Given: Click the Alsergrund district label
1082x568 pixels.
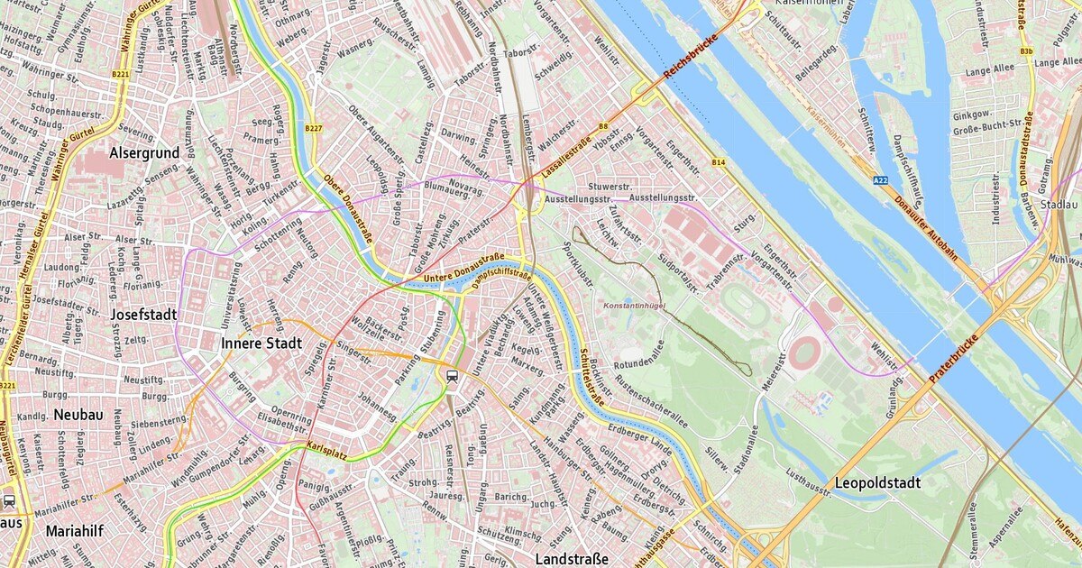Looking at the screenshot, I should [144, 153].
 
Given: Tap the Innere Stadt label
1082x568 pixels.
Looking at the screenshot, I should [261, 344].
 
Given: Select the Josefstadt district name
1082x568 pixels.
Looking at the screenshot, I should [144, 315].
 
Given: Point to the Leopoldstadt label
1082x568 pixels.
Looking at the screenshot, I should [877, 483].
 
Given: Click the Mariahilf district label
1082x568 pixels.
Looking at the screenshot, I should [76, 531].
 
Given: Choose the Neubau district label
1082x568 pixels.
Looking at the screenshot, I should [78, 414].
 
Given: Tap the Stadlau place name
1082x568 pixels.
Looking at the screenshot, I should [1059, 205].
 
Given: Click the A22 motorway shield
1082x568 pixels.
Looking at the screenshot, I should [880, 181].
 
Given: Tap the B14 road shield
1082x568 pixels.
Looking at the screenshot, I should [719, 162].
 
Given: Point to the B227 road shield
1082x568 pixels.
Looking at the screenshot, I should [313, 129].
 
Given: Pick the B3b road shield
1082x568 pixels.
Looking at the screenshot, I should [1027, 51].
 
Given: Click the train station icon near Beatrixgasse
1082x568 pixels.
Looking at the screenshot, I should [452, 376].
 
